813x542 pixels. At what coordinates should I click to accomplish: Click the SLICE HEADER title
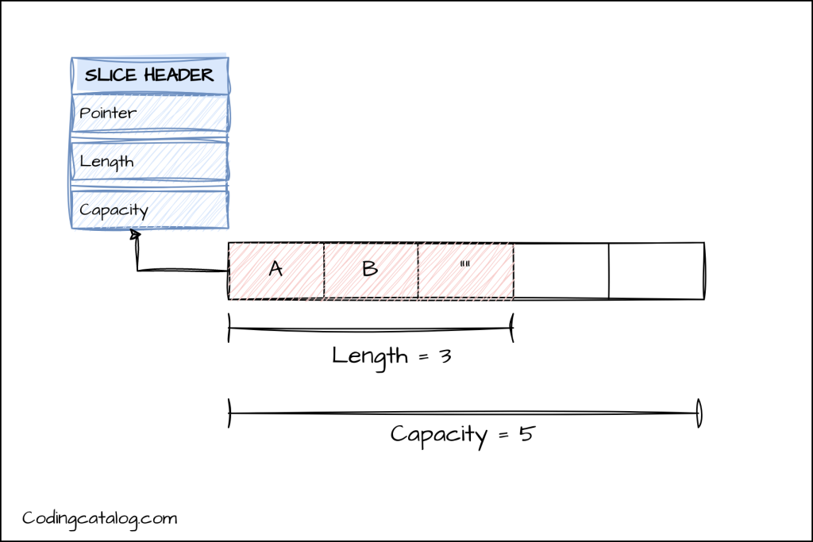tap(149, 75)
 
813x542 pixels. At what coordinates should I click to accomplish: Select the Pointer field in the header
tap(150, 113)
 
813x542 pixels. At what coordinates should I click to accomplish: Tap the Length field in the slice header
tap(150, 161)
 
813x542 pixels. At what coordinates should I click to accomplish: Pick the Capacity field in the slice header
tap(150, 209)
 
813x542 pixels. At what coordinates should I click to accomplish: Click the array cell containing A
tap(275, 271)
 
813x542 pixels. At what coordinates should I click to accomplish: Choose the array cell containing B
tap(371, 271)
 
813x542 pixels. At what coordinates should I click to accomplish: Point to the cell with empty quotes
tap(465, 271)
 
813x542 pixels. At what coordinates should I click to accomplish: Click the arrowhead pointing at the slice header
tap(136, 235)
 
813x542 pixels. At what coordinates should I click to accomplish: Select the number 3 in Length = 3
tap(445, 356)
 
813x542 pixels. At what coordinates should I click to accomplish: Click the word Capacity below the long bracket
tap(438, 435)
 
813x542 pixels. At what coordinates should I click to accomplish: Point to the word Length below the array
tap(370, 357)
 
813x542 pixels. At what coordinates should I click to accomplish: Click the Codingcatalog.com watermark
tap(99, 519)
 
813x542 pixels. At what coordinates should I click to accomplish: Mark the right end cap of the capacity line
tap(699, 413)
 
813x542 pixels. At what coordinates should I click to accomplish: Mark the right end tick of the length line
tap(512, 328)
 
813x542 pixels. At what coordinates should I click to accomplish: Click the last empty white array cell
tap(657, 271)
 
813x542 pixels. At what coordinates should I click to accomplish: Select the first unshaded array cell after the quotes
tap(561, 271)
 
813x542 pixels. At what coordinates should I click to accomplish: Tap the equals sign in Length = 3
tap(424, 357)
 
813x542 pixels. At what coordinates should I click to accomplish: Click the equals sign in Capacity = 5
tap(503, 435)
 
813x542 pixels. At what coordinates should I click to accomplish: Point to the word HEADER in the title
tap(179, 75)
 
